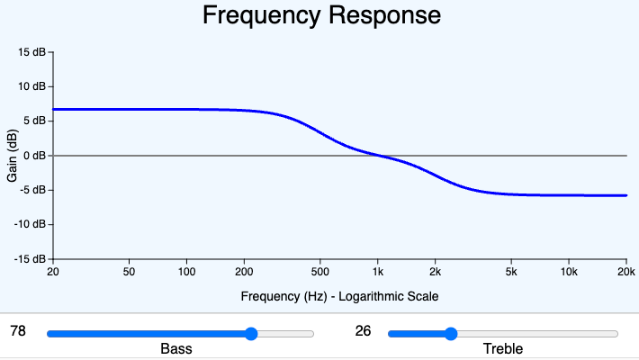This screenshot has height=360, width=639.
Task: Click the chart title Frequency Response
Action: click(321, 15)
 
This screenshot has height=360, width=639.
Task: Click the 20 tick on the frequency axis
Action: click(53, 272)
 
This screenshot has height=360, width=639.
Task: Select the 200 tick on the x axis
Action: click(244, 272)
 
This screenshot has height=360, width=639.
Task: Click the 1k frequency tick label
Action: click(378, 272)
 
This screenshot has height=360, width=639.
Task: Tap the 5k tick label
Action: click(511, 272)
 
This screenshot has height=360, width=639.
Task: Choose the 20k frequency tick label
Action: click(625, 272)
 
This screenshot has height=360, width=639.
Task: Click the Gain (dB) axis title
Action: click(13, 156)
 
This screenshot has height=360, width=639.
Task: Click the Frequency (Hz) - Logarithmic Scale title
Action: click(339, 295)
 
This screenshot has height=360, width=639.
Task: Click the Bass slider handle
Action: click(251, 334)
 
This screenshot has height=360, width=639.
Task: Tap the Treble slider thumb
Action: click(451, 334)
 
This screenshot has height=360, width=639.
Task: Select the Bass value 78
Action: click(17, 331)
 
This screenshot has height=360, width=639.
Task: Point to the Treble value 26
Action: click(363, 331)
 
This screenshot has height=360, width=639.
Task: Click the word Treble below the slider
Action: click(502, 349)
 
